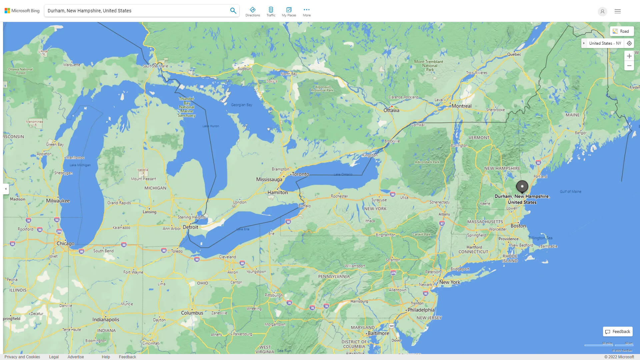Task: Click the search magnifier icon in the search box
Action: pos(233,11)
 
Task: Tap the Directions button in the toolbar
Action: pos(253,12)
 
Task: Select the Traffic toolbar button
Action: pos(271,12)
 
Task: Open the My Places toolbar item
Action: pos(289,12)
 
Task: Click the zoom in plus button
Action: pos(629,56)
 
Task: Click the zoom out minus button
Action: pos(629,66)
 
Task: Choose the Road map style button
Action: pos(621,31)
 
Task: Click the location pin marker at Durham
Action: pos(522,186)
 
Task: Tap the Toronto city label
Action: pos(300,174)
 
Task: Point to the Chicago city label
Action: pos(65,243)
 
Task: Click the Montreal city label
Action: pos(461,106)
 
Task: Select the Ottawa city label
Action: pos(391,110)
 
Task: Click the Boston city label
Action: pos(518,226)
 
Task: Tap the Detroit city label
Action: pos(190,227)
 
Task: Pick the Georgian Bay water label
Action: pos(241,105)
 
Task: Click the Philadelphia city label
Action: pos(421,310)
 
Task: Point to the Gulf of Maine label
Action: pos(570,192)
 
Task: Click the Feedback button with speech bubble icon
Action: pos(618,331)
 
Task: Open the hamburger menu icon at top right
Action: pos(617,11)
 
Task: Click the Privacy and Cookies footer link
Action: pos(22,357)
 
